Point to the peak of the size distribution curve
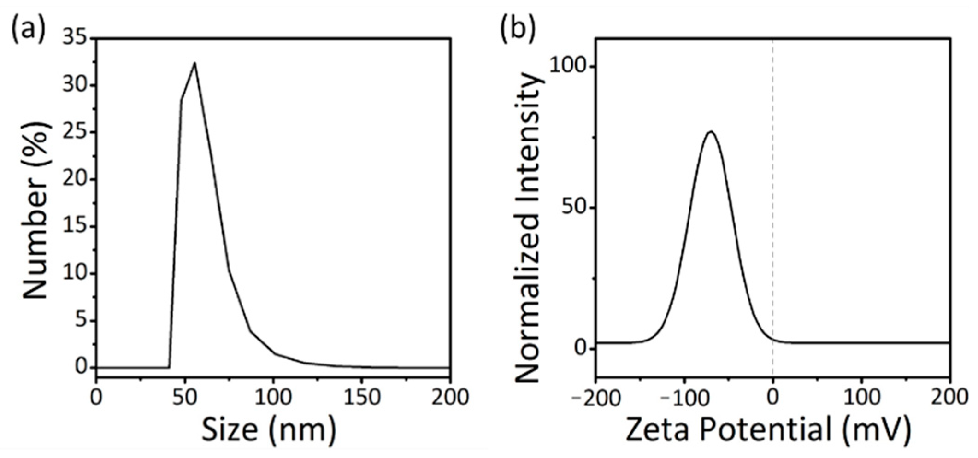194,63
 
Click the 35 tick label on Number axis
75,39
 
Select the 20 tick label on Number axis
75,180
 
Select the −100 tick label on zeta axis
679,397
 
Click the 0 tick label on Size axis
96,397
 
